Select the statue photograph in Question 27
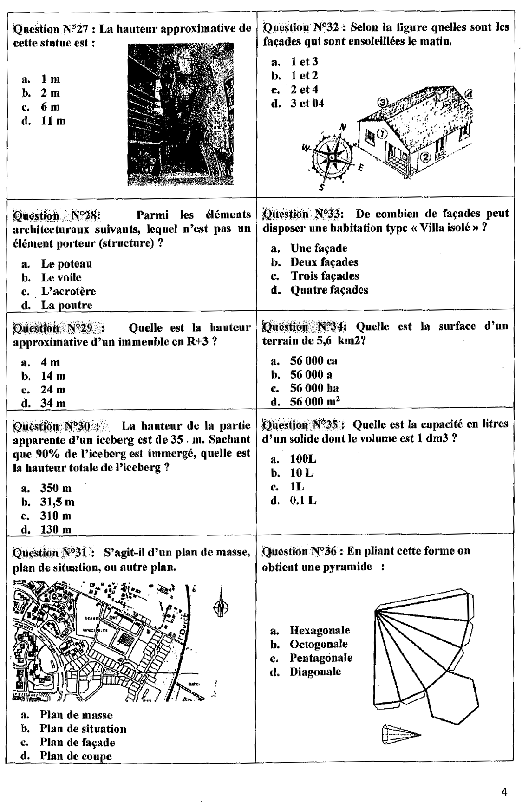click(180, 114)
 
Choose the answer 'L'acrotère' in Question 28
click(68, 291)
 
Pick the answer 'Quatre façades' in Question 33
click(329, 290)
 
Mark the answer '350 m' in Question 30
click(56, 488)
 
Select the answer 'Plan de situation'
click(83, 729)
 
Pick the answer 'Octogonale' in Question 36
click(319, 644)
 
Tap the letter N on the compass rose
click(343, 127)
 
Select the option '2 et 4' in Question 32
click(304, 89)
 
